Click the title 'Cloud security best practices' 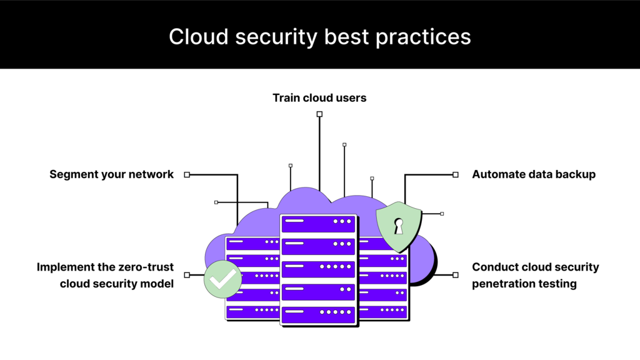319,36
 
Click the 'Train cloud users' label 319,97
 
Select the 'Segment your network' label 111,174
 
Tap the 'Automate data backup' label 534,174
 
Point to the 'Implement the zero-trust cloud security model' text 105,275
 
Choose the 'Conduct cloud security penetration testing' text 535,275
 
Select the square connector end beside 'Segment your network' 187,175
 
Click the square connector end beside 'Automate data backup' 456,175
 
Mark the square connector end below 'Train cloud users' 319,114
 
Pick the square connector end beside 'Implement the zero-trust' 187,275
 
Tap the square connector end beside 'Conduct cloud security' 456,275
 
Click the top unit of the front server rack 318,222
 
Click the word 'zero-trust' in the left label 146,267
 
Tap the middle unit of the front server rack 318,268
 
